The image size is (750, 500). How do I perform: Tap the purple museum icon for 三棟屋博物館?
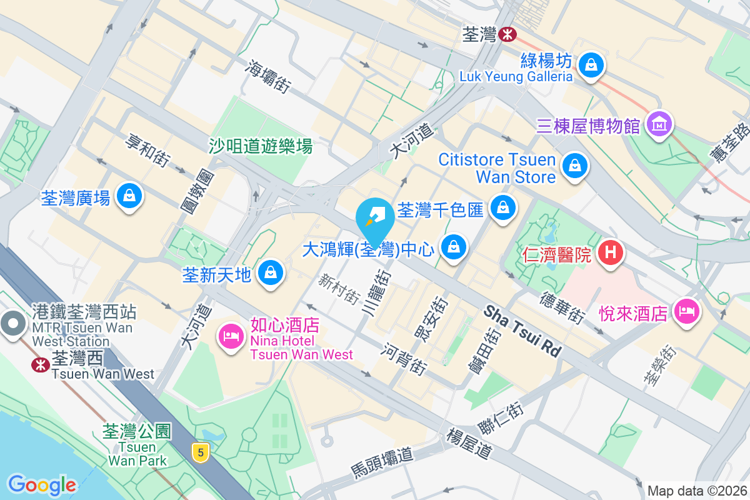pos(659,125)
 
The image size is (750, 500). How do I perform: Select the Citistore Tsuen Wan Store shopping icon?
pos(573,166)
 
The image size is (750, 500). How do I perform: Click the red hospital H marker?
pos(611,252)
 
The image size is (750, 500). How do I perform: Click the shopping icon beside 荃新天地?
pos(270,272)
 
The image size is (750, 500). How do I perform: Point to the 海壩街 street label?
pos(269,77)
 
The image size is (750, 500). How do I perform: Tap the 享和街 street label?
pos(148,151)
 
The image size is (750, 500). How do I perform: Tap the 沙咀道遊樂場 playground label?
pos(261,146)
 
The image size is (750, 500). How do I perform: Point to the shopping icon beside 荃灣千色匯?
pos(502,207)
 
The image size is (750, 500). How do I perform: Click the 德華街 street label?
pos(563,307)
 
